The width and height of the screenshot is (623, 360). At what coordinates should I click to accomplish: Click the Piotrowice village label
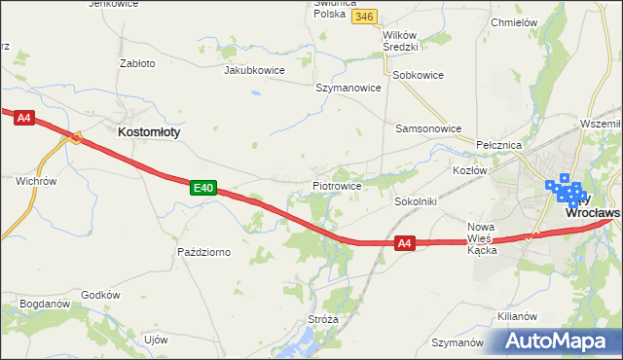coord(338,185)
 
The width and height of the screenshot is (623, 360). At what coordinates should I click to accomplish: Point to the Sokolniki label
coord(416,201)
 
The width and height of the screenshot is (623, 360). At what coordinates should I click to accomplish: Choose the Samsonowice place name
coord(426,127)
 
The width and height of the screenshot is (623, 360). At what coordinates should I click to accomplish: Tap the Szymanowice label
coord(348,88)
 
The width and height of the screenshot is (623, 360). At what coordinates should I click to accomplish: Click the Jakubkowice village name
coord(257,71)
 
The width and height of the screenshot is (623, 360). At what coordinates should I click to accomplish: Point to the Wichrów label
coord(36,181)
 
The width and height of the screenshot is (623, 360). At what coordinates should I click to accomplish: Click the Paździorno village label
coord(203,252)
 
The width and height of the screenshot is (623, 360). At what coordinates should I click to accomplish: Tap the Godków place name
coord(100,295)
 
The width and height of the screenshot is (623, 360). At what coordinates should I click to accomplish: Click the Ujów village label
coord(156,340)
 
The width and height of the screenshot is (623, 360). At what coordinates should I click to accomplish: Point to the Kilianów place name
coord(517,317)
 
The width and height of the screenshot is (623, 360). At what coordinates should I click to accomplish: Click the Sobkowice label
coord(418,74)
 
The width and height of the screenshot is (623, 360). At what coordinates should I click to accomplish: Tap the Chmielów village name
coord(515,21)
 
